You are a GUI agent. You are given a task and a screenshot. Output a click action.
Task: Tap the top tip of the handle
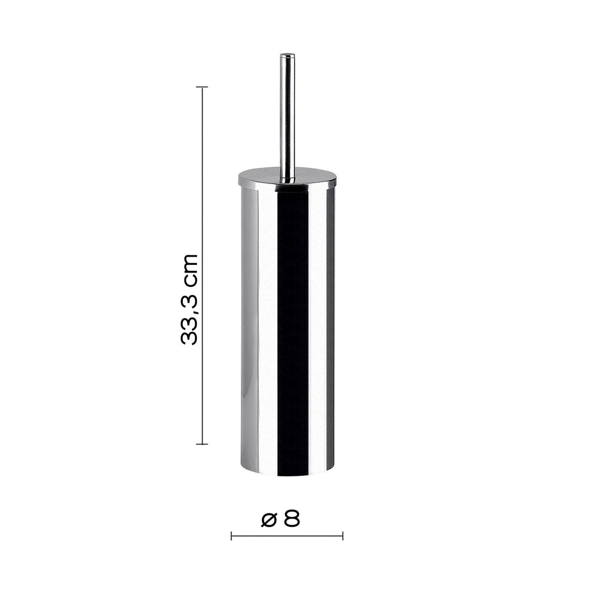tap(287, 56)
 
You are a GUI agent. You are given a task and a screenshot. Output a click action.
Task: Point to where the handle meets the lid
tap(287, 177)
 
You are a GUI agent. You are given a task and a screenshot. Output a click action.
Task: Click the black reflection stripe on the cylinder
tap(292, 328)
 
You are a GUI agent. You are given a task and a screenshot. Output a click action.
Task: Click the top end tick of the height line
tap(202, 87)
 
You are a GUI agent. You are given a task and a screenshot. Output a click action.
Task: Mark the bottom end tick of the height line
tap(202, 444)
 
